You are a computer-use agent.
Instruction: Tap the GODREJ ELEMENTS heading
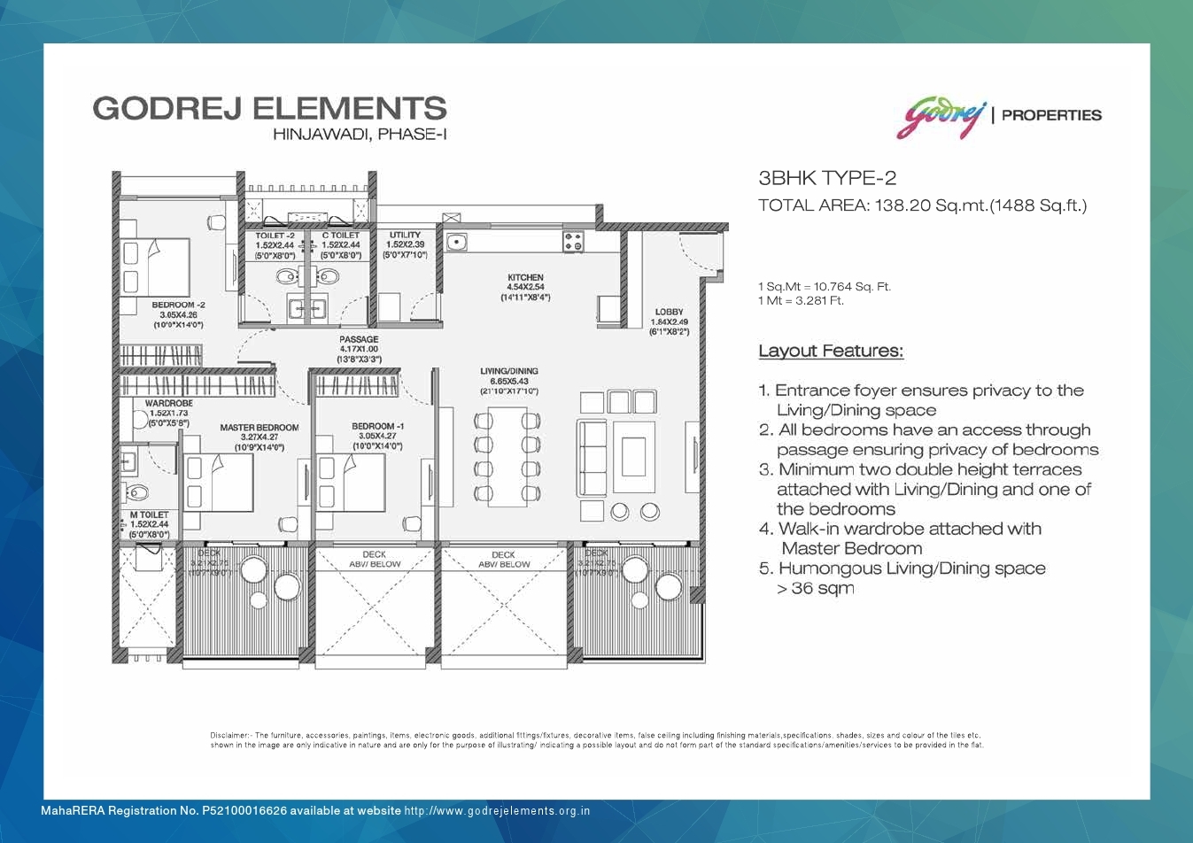pos(269,108)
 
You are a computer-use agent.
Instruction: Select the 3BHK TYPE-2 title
pos(827,178)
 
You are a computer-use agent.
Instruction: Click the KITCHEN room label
pos(525,278)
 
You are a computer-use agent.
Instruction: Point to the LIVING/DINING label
pos(509,372)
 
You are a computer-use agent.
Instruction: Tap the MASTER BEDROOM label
pos(260,428)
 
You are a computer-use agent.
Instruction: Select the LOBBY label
pos(669,313)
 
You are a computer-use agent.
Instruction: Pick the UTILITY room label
pos(405,236)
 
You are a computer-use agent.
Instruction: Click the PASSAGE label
pos(359,340)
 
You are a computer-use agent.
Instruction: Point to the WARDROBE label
pos(168,404)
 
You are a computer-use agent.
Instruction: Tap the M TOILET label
pos(149,514)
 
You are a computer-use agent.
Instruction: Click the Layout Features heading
pos(831,352)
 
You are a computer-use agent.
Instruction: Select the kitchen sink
pos(457,241)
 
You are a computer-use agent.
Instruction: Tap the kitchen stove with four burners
pos(572,240)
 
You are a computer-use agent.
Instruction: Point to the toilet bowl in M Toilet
pos(138,492)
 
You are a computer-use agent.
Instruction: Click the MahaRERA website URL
pos(497,811)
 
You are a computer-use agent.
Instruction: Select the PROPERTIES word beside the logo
pos(1051,115)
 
